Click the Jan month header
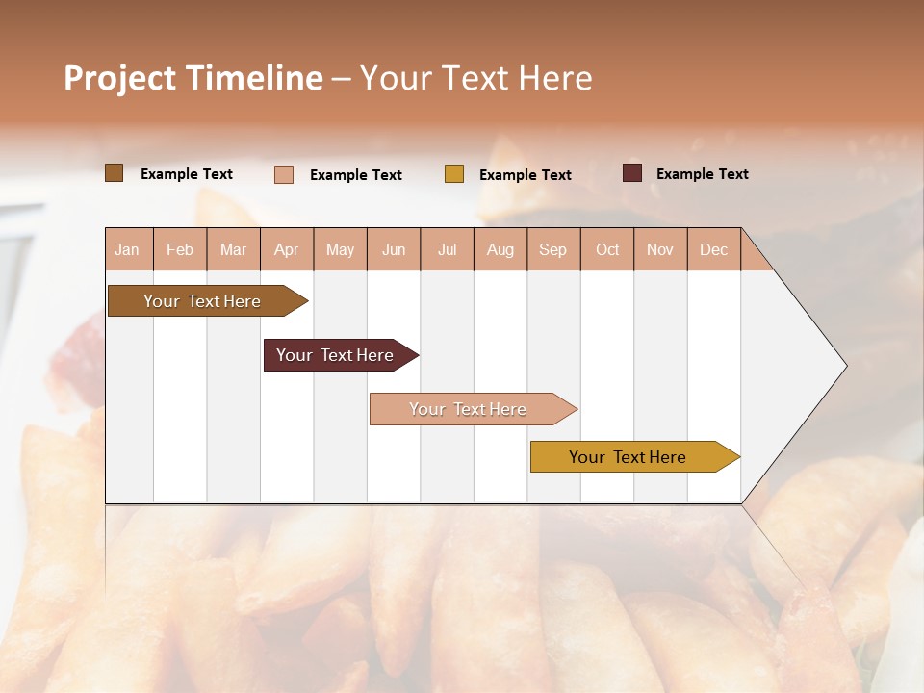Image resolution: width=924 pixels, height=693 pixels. (x=127, y=249)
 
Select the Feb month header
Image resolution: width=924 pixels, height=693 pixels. (x=180, y=249)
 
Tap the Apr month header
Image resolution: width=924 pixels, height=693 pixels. (x=286, y=249)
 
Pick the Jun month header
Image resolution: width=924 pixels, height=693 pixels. (x=394, y=249)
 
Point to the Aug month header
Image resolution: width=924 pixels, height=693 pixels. (x=500, y=249)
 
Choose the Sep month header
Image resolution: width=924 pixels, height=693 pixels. (x=552, y=249)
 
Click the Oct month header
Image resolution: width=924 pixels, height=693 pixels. (x=607, y=249)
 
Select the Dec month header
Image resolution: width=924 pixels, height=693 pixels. (x=713, y=249)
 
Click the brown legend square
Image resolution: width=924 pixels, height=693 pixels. (x=115, y=173)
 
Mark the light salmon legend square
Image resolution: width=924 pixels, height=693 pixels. (x=284, y=174)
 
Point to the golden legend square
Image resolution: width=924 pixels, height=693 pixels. (x=454, y=174)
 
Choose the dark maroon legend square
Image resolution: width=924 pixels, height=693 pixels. (x=632, y=173)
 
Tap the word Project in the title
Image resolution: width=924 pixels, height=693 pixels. (x=119, y=78)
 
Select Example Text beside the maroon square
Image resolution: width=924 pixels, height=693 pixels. (x=702, y=174)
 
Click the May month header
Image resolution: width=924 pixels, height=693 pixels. (x=340, y=249)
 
